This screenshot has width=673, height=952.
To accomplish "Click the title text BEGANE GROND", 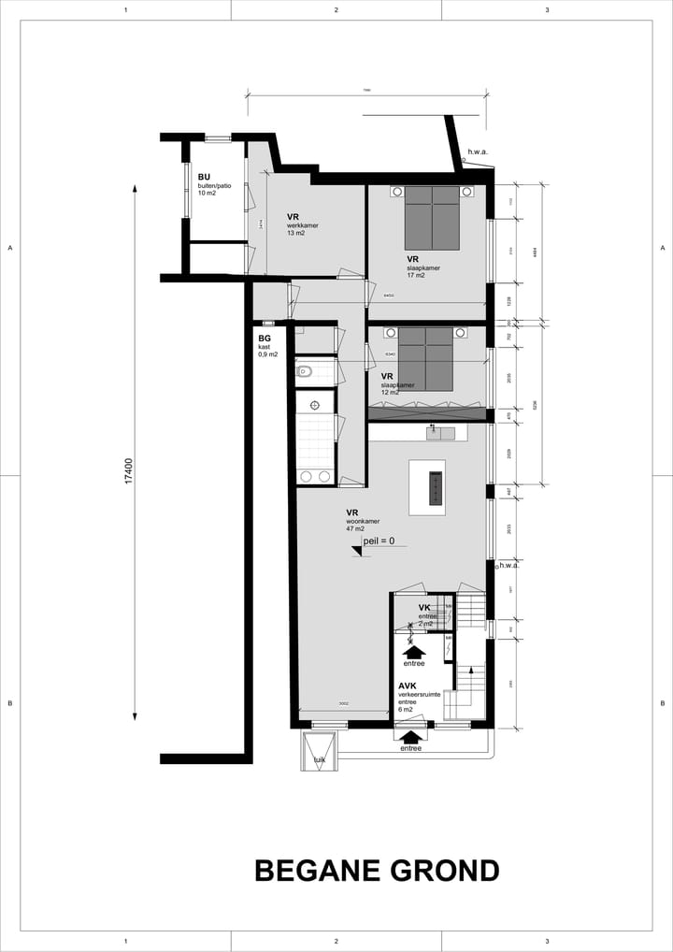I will (377, 871).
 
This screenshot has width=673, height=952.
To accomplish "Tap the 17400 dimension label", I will (129, 469).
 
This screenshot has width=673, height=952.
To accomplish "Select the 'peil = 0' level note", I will (379, 541).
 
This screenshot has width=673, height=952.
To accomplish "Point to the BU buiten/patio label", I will (213, 185).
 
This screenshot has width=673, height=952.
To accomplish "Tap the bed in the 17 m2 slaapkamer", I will (432, 217).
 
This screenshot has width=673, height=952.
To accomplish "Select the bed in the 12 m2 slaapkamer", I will (425, 358).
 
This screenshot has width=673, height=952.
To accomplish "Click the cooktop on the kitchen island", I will (435, 487).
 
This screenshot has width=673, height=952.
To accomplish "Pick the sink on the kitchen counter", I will (435, 432).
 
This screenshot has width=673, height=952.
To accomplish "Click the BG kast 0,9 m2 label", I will (267, 346).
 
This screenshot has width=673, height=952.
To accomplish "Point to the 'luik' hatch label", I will (319, 760).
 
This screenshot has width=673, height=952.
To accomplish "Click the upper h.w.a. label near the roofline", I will (478, 151).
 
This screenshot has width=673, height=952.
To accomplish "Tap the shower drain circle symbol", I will (315, 404).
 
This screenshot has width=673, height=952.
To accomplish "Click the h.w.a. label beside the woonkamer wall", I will (508, 565).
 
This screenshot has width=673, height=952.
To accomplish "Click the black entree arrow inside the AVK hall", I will (414, 649).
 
